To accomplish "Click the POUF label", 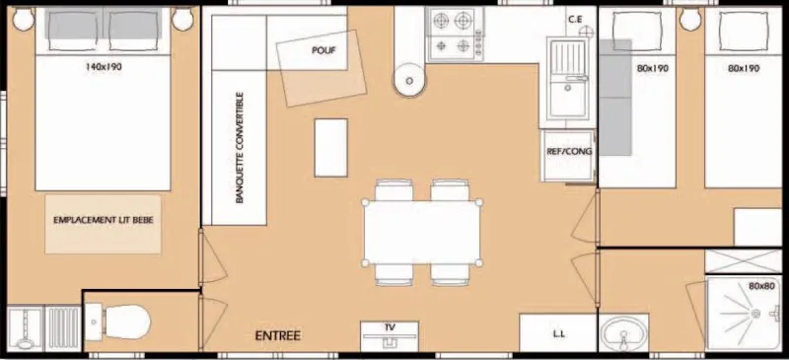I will pyautogui.click(x=323, y=51).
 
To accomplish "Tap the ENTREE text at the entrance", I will pyautogui.click(x=278, y=335).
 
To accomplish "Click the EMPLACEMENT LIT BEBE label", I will pyautogui.click(x=102, y=222).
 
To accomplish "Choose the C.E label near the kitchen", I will pyautogui.click(x=578, y=20).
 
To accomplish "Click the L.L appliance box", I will pyautogui.click(x=558, y=332).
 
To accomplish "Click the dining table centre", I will pyautogui.click(x=424, y=232).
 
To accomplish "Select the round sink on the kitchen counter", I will pyautogui.click(x=407, y=82).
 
